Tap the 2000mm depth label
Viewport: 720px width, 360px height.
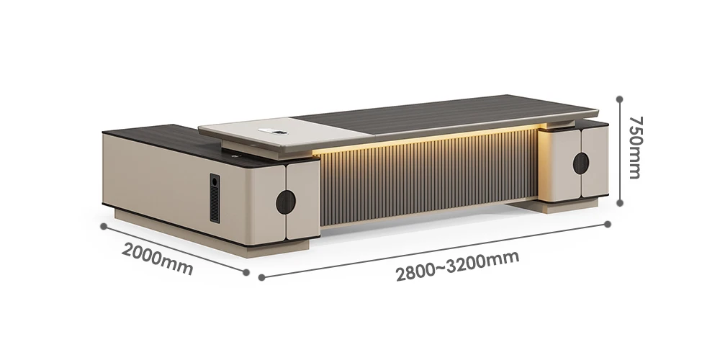[157, 259]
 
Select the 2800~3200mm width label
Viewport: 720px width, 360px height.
[457, 266]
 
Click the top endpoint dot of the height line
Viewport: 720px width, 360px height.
[619, 99]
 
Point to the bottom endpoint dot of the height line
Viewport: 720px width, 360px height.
[619, 203]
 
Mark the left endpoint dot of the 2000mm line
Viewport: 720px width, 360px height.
[104, 226]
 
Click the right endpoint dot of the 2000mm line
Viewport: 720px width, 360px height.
[246, 272]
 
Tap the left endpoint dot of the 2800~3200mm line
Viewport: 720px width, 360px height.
[262, 277]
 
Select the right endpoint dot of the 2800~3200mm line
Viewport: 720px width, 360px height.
[608, 224]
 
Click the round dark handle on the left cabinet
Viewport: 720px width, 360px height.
[286, 202]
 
